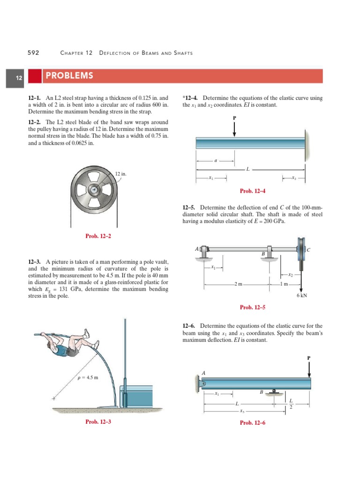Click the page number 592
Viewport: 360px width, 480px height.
(x=33, y=53)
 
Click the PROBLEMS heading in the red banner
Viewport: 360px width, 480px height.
(x=68, y=76)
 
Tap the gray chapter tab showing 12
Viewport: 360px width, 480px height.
(x=19, y=78)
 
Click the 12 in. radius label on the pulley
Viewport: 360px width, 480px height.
(x=121, y=174)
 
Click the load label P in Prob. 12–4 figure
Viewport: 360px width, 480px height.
(x=234, y=117)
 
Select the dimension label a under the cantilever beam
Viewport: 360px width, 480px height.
(x=215, y=161)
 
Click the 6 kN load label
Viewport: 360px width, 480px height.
(x=301, y=296)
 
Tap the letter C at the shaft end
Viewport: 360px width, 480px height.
(x=308, y=250)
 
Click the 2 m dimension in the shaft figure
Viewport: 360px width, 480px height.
(x=238, y=284)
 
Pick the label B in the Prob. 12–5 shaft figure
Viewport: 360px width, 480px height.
(x=263, y=254)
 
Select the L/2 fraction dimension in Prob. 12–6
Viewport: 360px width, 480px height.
(x=291, y=404)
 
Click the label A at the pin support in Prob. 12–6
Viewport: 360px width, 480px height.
(x=203, y=373)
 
